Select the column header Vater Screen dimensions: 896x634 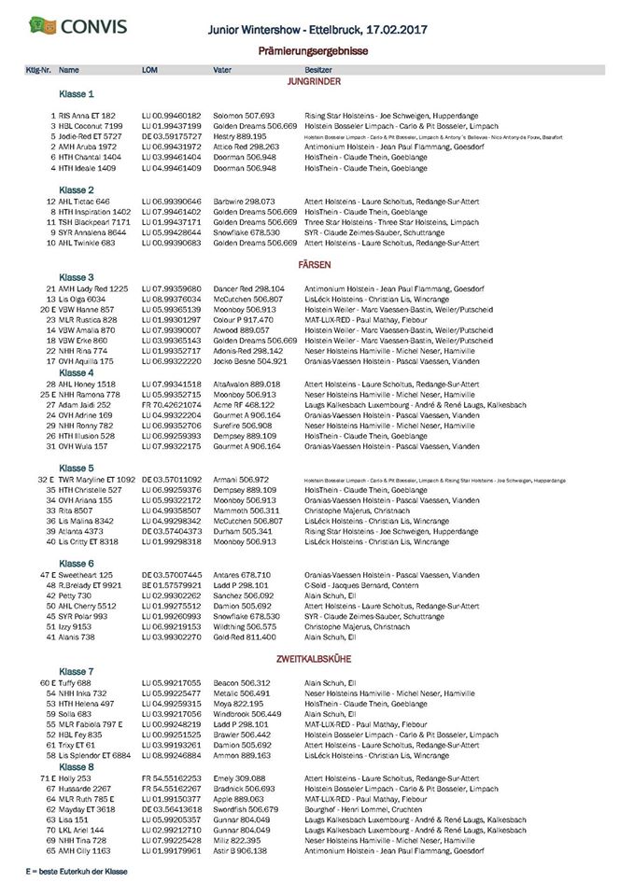(222, 70)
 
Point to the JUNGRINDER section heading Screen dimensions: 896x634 (314, 81)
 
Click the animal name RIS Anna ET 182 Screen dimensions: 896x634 (87, 115)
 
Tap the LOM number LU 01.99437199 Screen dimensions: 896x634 (171, 124)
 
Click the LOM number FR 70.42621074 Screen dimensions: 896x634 (171, 403)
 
